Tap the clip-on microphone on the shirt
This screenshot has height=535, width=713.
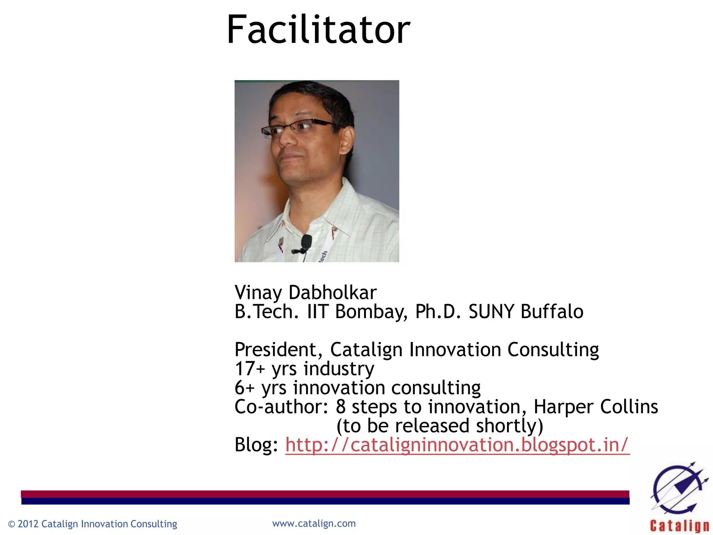306,242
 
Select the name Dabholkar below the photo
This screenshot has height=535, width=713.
332,293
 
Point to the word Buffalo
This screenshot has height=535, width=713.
552,311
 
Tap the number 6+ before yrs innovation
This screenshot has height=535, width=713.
245,388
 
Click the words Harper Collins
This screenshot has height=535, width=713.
596,406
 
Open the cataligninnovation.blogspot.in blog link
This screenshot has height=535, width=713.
457,445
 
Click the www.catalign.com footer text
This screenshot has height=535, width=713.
314,524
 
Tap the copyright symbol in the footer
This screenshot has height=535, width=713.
11,524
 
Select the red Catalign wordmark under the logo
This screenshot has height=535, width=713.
679,526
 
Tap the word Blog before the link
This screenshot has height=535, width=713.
256,445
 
